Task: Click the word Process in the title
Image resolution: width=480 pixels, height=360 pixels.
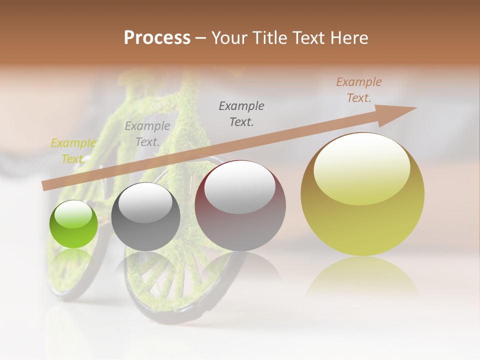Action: click(157, 38)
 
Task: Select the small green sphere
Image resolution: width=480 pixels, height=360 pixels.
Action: click(73, 224)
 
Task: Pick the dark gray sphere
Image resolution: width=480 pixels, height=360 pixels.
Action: click(145, 217)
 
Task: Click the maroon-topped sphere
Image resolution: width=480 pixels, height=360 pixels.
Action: click(240, 206)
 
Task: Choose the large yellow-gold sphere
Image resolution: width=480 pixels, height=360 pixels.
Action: click(362, 194)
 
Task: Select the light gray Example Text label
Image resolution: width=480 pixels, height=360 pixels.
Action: click(147, 134)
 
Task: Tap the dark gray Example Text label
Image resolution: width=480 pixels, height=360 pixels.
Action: click(241, 113)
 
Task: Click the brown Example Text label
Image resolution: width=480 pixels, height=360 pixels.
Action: click(358, 90)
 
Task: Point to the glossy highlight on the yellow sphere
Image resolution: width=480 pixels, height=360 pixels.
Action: click(361, 168)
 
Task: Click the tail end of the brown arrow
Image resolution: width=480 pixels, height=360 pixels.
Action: click(45, 185)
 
